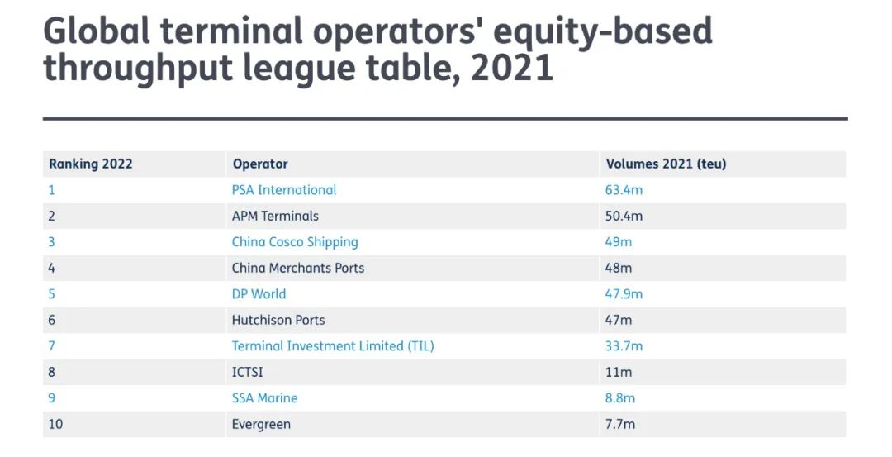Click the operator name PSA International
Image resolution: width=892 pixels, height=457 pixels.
pyautogui.click(x=284, y=190)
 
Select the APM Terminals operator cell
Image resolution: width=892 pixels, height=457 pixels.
pyautogui.click(x=275, y=217)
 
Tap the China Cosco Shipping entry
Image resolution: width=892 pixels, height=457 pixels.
pyautogui.click(x=295, y=242)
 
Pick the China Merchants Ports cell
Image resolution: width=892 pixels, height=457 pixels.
pyautogui.click(x=298, y=268)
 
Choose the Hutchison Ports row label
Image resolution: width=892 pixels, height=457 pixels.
pyautogui.click(x=278, y=320)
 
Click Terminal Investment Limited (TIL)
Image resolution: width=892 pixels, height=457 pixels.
pyautogui.click(x=333, y=346)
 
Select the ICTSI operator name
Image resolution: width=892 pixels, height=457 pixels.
pyautogui.click(x=248, y=372)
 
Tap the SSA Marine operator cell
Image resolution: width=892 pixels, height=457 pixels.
pyautogui.click(x=264, y=398)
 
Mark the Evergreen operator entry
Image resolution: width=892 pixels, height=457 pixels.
pyautogui.click(x=261, y=425)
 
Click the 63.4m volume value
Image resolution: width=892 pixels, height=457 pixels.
pyautogui.click(x=624, y=190)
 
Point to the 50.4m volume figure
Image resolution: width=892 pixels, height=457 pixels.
pyautogui.click(x=624, y=217)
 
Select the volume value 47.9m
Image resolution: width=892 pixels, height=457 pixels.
pyautogui.click(x=624, y=294)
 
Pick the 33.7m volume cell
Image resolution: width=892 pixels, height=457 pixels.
pyautogui.click(x=624, y=346)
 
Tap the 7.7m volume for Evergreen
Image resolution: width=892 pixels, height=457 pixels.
pyautogui.click(x=620, y=425)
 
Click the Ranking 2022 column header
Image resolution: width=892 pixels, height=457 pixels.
pyautogui.click(x=91, y=164)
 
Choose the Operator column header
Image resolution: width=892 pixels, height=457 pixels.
pyautogui.click(x=260, y=164)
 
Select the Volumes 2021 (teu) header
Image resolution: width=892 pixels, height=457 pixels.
pyautogui.click(x=666, y=164)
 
